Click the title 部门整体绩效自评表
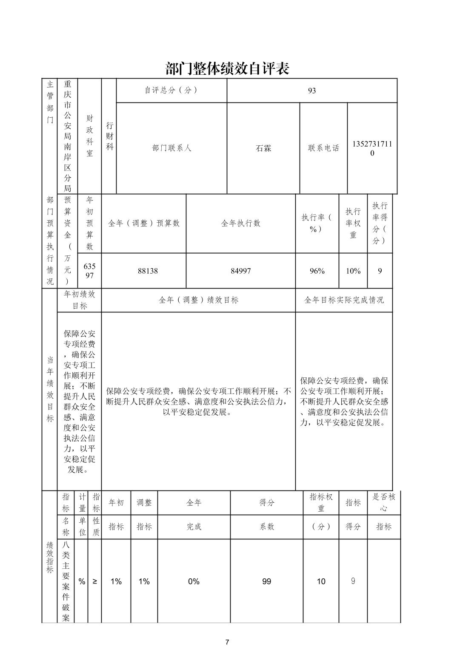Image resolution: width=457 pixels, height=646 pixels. pyautogui.click(x=227, y=68)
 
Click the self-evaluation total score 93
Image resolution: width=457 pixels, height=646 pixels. pyautogui.click(x=312, y=91)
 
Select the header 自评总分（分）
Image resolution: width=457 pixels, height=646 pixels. pyautogui.click(x=171, y=90)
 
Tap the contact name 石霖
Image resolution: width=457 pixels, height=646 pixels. pyautogui.click(x=263, y=148)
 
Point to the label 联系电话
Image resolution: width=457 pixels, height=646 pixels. pyautogui.click(x=324, y=148)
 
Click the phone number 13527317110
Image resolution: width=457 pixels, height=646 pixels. pyautogui.click(x=372, y=148)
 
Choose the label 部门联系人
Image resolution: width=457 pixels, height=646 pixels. pyautogui.click(x=172, y=148)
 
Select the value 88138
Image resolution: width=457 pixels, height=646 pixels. pyautogui.click(x=148, y=271)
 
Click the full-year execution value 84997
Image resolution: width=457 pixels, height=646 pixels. pyautogui.click(x=240, y=271)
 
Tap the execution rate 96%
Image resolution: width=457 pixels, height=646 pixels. pyautogui.click(x=317, y=271)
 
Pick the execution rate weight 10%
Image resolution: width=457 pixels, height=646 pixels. pyautogui.click(x=353, y=271)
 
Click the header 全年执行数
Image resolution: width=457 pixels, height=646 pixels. pyautogui.click(x=240, y=223)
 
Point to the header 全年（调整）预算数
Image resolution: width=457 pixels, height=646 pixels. pyautogui.click(x=144, y=223)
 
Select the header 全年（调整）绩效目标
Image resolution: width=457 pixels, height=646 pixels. pyautogui.click(x=198, y=300)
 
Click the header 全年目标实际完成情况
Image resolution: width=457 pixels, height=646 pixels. pyautogui.click(x=344, y=300)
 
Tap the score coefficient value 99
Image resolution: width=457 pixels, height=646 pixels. pyautogui.click(x=266, y=581)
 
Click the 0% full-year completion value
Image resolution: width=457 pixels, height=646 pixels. pyautogui.click(x=194, y=581)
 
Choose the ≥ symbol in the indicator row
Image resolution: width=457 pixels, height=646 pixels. pyautogui.click(x=94, y=581)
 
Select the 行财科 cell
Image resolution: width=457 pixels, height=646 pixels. pyautogui.click(x=110, y=136)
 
